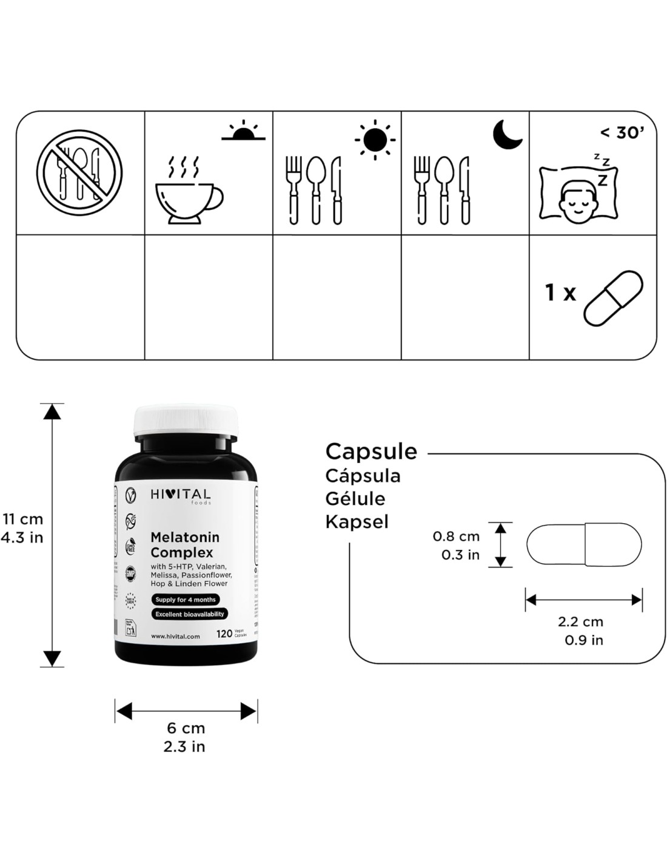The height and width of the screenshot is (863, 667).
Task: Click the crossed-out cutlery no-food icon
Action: coord(79,172)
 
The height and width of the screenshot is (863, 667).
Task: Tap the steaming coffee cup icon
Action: coord(188,191)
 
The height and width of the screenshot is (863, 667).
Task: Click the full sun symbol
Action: coord(375,140)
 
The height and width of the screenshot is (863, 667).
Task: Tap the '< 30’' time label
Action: coord(622,132)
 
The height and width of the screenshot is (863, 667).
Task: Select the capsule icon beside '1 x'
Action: coord(612,299)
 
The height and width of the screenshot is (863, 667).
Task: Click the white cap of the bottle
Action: coord(186,420)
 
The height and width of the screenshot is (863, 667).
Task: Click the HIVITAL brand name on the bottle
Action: coord(180,495)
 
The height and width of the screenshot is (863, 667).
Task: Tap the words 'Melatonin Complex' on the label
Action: coord(184,544)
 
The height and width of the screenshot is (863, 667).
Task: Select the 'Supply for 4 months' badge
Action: coord(186,600)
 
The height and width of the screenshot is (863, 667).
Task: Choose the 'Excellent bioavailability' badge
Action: coord(190,614)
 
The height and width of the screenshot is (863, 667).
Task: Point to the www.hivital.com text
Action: coord(175,636)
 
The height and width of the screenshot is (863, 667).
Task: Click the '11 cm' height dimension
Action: coord(23,519)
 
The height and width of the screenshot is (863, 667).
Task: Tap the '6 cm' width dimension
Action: coord(186,728)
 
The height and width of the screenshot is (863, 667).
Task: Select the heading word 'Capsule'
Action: coord(371,452)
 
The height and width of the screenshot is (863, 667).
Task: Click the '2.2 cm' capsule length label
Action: coord(580,621)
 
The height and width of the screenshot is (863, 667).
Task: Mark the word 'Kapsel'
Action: coord(357,521)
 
